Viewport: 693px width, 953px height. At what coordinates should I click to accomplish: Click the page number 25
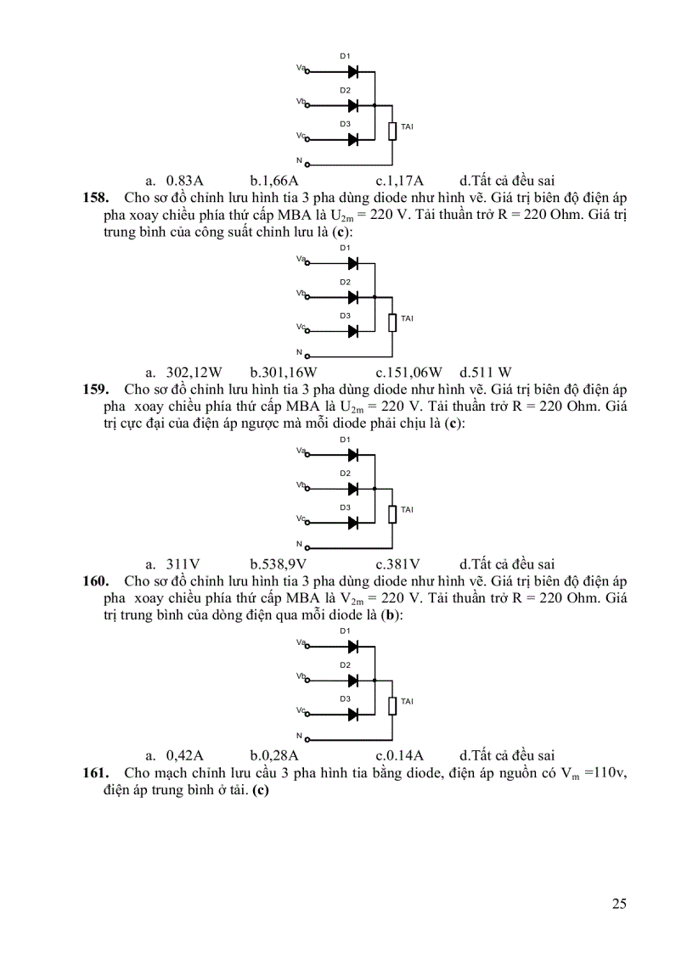[x=619, y=903]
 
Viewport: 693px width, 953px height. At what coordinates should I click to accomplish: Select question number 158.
[x=94, y=197]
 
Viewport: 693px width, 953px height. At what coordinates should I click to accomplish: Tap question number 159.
[x=94, y=389]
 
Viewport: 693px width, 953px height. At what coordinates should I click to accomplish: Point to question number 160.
[x=94, y=580]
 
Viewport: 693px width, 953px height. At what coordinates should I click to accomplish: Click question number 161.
[x=94, y=772]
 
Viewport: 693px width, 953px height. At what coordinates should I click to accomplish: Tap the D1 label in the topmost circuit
[x=346, y=56]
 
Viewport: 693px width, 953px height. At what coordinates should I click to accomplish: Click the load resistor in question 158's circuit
[x=392, y=322]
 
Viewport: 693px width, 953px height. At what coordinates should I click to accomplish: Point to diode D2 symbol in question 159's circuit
[x=352, y=489]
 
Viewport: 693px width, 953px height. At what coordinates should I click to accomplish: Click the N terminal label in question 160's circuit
[x=299, y=735]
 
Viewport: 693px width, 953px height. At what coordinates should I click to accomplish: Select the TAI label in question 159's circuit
[x=407, y=510]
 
